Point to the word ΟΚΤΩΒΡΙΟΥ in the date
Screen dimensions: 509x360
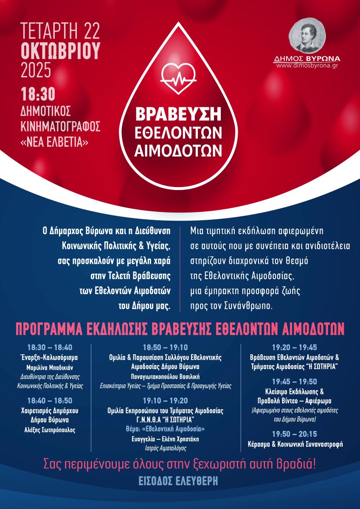61,51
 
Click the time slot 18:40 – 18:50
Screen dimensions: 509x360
50,400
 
